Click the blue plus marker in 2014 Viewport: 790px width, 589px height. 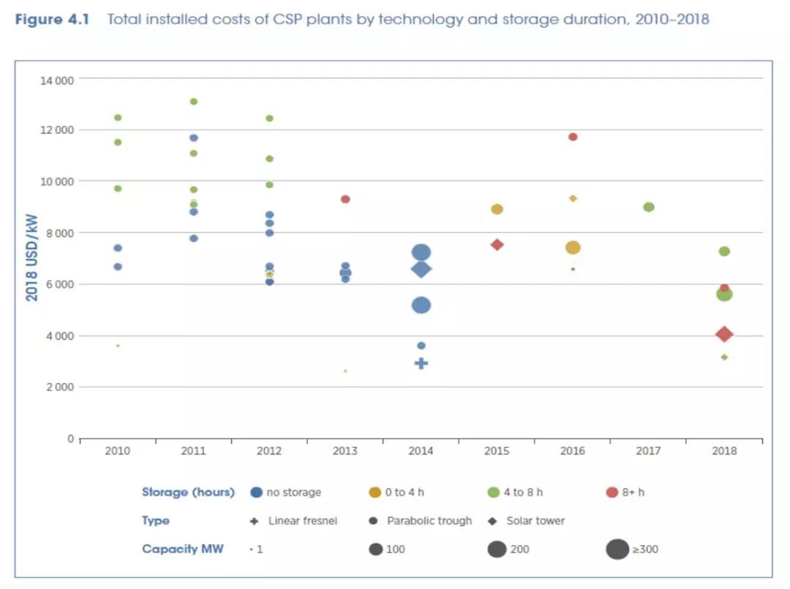tap(421, 363)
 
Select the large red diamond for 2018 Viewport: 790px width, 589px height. tap(724, 334)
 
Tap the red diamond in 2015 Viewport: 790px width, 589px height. tap(497, 245)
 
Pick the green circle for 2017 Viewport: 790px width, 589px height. tap(648, 207)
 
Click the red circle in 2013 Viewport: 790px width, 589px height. tap(345, 199)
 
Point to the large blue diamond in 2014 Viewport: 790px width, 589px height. tap(421, 269)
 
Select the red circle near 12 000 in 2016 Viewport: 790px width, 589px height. tap(573, 137)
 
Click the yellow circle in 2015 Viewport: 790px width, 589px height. tap(497, 209)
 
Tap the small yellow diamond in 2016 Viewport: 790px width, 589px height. tap(573, 198)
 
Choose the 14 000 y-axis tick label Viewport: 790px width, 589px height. tap(57, 79)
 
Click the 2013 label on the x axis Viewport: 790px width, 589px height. tap(345, 451)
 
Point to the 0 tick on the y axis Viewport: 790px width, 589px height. tap(70, 438)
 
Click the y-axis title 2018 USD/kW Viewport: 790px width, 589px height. tap(31, 258)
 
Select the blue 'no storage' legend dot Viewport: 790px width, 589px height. tap(256, 493)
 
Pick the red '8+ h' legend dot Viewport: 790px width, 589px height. tap(612, 493)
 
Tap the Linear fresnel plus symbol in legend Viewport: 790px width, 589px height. tap(254, 521)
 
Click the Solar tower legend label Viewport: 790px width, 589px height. tap(535, 521)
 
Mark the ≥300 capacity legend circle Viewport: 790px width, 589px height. tap(617, 549)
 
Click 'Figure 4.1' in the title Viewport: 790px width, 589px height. tap(51, 19)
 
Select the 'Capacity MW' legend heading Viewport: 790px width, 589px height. tap(183, 549)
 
